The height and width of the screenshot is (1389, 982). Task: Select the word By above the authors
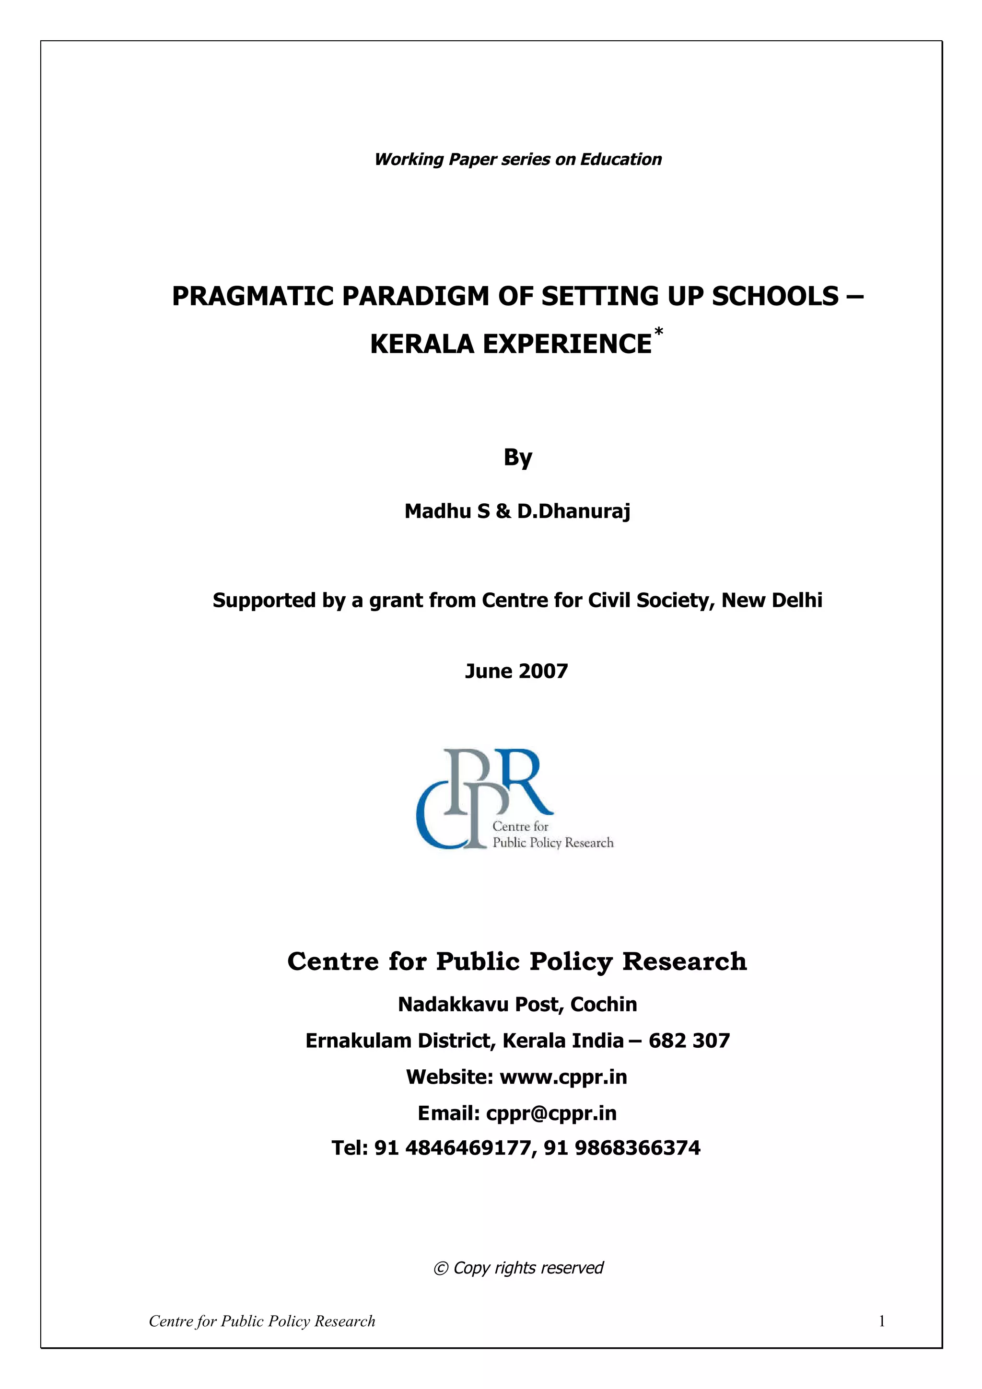(517, 458)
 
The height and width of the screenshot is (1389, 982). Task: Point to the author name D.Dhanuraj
(573, 511)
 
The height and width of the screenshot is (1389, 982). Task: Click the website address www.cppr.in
(563, 1077)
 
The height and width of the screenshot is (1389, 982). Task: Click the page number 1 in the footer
(882, 1321)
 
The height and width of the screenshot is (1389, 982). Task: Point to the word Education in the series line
(621, 159)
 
